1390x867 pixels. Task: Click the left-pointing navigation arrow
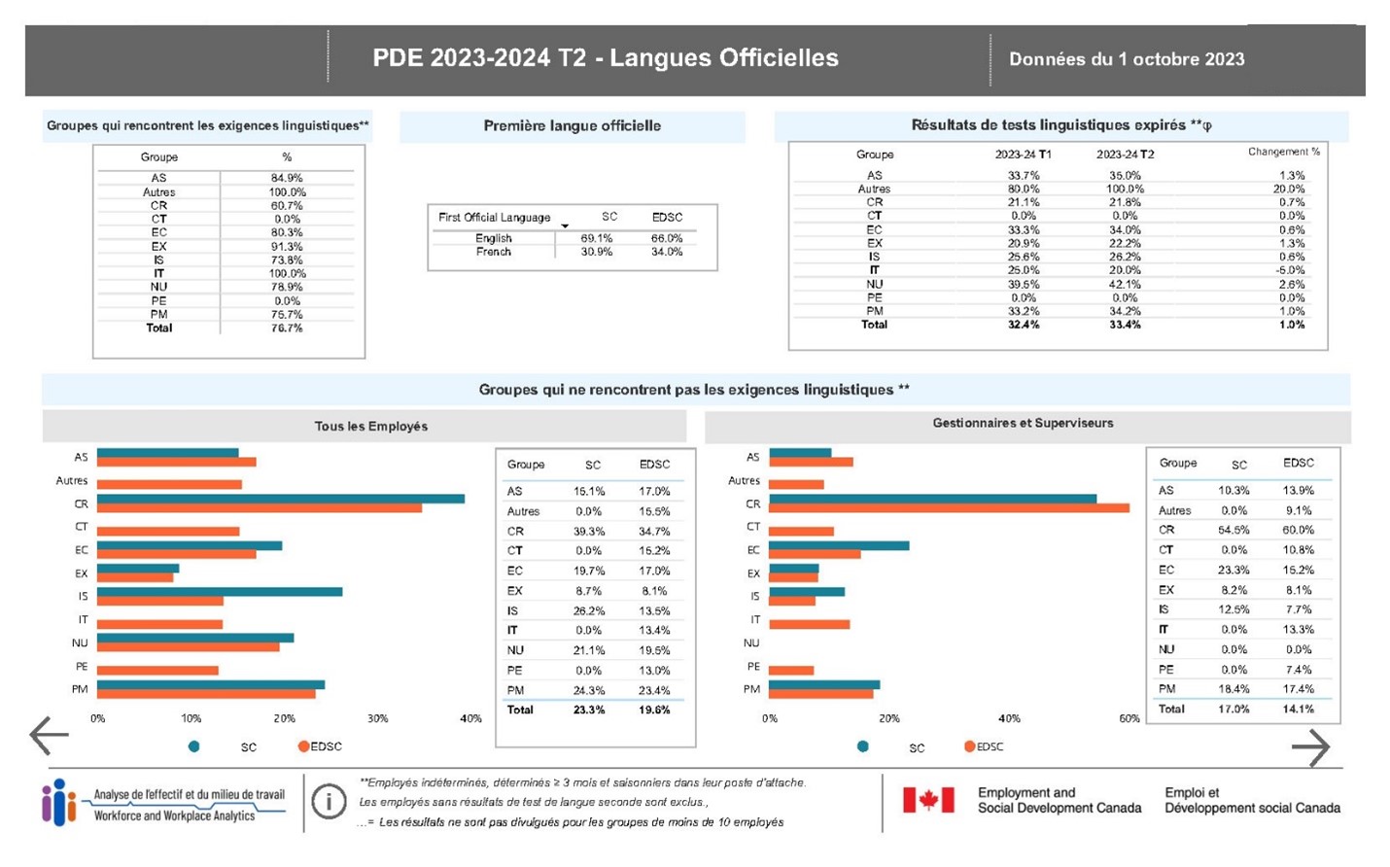point(49,736)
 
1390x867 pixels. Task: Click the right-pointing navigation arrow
point(1310,747)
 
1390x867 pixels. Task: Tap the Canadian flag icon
point(928,800)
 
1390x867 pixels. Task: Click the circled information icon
point(329,803)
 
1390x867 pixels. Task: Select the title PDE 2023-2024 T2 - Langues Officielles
point(605,58)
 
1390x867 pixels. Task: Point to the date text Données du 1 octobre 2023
point(1126,59)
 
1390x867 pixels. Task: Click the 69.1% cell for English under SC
point(597,238)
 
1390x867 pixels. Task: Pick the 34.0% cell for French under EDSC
point(666,252)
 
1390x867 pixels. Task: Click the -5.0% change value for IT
point(1291,270)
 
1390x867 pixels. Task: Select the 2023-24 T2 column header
point(1125,155)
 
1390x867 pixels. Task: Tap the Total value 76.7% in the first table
point(287,329)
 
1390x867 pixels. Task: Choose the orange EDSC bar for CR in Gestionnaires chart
point(948,507)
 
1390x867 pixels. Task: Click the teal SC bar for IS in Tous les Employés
point(219,591)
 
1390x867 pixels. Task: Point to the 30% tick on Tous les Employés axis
point(377,718)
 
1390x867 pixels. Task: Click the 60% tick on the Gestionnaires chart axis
point(1129,718)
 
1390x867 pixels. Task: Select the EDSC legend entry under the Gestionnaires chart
point(984,746)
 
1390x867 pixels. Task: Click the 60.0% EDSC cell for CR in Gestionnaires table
point(1297,530)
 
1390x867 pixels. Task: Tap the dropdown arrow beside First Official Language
point(565,225)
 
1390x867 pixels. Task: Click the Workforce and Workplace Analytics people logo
point(58,802)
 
